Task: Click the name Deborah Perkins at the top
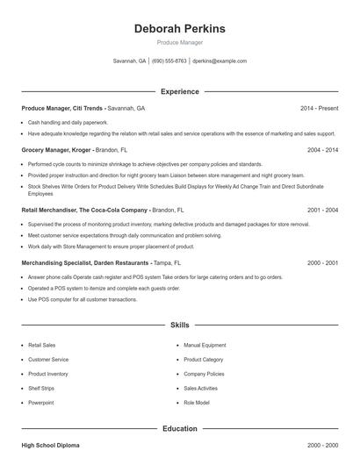coord(179,29)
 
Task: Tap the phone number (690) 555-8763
coord(169,61)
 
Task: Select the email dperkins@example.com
coord(220,61)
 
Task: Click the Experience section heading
coord(179,91)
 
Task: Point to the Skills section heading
coord(179,325)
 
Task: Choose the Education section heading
coord(179,429)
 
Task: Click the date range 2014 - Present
coord(319,108)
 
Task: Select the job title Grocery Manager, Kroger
coord(57,150)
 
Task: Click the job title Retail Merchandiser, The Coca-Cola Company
coord(84,211)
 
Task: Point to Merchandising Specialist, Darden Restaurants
coord(85,262)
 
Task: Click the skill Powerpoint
coord(40,402)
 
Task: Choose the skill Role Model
coord(197,402)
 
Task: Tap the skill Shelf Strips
coord(41,388)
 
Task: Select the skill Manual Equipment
coord(205,346)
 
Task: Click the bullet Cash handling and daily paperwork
coord(68,123)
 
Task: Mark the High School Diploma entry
coord(51,446)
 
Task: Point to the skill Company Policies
coord(205,374)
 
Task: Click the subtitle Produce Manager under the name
coord(179,43)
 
